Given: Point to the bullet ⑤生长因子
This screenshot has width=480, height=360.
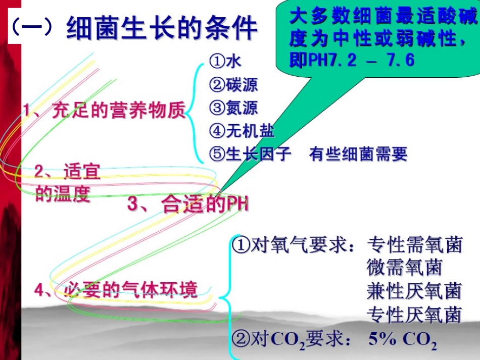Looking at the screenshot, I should pyautogui.click(x=251, y=154).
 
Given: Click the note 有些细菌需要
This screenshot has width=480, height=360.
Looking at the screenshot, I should pyautogui.click(x=358, y=154).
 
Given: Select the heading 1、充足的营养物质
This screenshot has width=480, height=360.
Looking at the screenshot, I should pyautogui.click(x=104, y=111).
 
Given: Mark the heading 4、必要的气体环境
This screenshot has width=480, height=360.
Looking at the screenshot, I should pyautogui.click(x=116, y=290).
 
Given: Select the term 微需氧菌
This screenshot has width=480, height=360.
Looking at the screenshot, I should pyautogui.click(x=404, y=268).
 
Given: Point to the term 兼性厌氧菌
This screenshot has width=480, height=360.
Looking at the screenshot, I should pyautogui.click(x=414, y=291).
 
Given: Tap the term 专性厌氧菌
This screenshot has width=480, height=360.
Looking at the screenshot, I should pyautogui.click(x=414, y=315).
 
